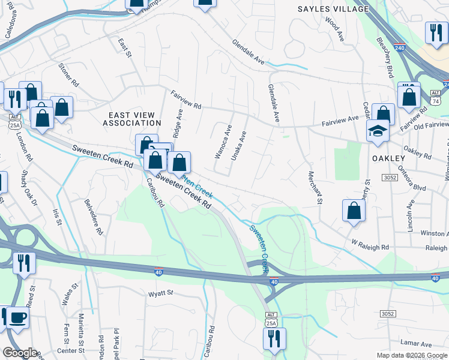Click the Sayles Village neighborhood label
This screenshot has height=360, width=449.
click(333, 9)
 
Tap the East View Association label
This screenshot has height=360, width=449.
click(132, 119)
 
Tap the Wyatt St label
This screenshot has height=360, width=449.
click(160, 293)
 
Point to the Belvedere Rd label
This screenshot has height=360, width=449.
click(94, 216)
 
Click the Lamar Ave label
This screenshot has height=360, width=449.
click(418, 344)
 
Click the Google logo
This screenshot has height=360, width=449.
click(20, 352)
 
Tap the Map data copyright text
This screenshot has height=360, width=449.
click(412, 355)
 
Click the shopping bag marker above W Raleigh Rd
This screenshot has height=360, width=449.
click(354, 211)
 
